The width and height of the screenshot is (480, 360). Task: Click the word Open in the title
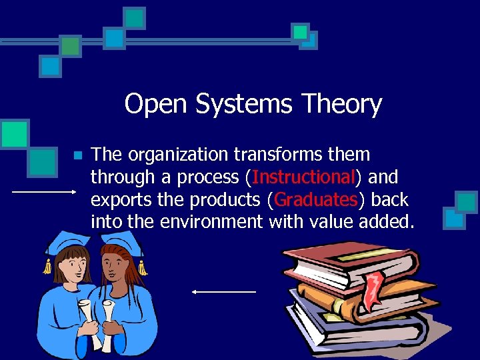149,105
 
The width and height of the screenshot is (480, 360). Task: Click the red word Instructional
303,177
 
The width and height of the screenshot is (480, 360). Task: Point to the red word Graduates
316,199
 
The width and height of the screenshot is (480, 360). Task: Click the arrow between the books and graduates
223,291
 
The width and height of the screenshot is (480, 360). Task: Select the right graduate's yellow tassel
141,267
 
